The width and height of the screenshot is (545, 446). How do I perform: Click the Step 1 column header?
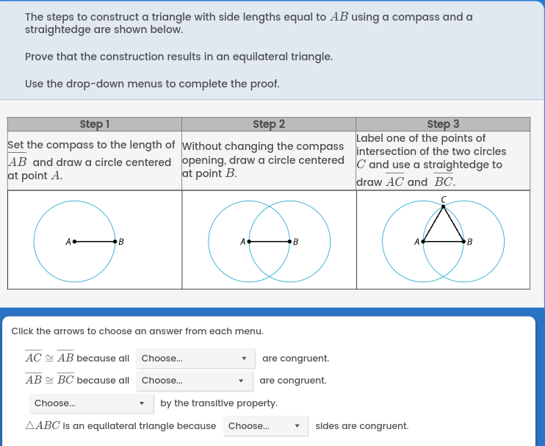(x=94, y=124)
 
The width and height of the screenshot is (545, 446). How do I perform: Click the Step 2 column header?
(x=268, y=124)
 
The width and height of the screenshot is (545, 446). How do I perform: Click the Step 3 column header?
(x=442, y=124)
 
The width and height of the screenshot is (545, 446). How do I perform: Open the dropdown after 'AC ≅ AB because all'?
(x=195, y=359)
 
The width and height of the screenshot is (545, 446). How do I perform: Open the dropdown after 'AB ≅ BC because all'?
(x=194, y=381)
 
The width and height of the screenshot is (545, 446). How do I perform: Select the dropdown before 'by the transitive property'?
(x=91, y=403)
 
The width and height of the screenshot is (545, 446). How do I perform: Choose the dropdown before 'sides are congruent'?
(x=265, y=426)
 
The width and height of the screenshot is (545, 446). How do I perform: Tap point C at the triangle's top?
(x=444, y=207)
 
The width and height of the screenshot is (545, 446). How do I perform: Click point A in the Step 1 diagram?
(x=74, y=241)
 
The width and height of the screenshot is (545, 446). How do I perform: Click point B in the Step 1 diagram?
(x=115, y=241)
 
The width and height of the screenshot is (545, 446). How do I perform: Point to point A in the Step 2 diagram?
(x=249, y=241)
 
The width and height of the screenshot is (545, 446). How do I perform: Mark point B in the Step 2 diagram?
(x=289, y=241)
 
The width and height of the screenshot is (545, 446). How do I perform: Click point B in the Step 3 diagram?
(x=463, y=241)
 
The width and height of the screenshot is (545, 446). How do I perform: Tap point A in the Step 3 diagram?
(x=423, y=241)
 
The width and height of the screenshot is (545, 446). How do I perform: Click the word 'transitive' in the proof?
(x=220, y=403)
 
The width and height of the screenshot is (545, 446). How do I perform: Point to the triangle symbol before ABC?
(x=29, y=426)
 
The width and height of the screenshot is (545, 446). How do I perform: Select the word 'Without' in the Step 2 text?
(x=203, y=147)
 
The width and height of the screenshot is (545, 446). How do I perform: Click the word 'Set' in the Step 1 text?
(x=16, y=145)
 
